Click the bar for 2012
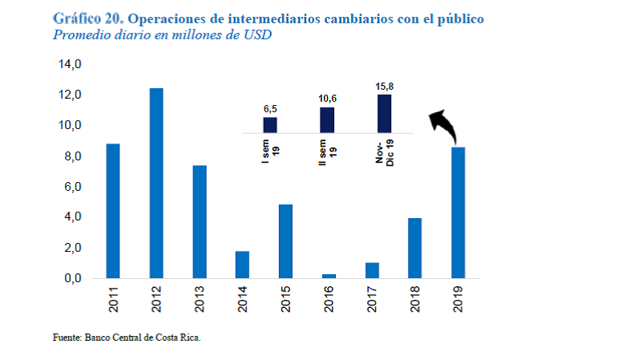coord(156,183)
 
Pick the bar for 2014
coord(242,265)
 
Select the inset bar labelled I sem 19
coord(270,124)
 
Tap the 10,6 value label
coord(327,98)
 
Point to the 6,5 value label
coord(270,108)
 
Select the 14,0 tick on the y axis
coord(70,64)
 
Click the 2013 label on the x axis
coord(200,299)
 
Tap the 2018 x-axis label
coord(414,299)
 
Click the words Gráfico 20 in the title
coord(86,18)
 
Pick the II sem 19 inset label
coord(327,150)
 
